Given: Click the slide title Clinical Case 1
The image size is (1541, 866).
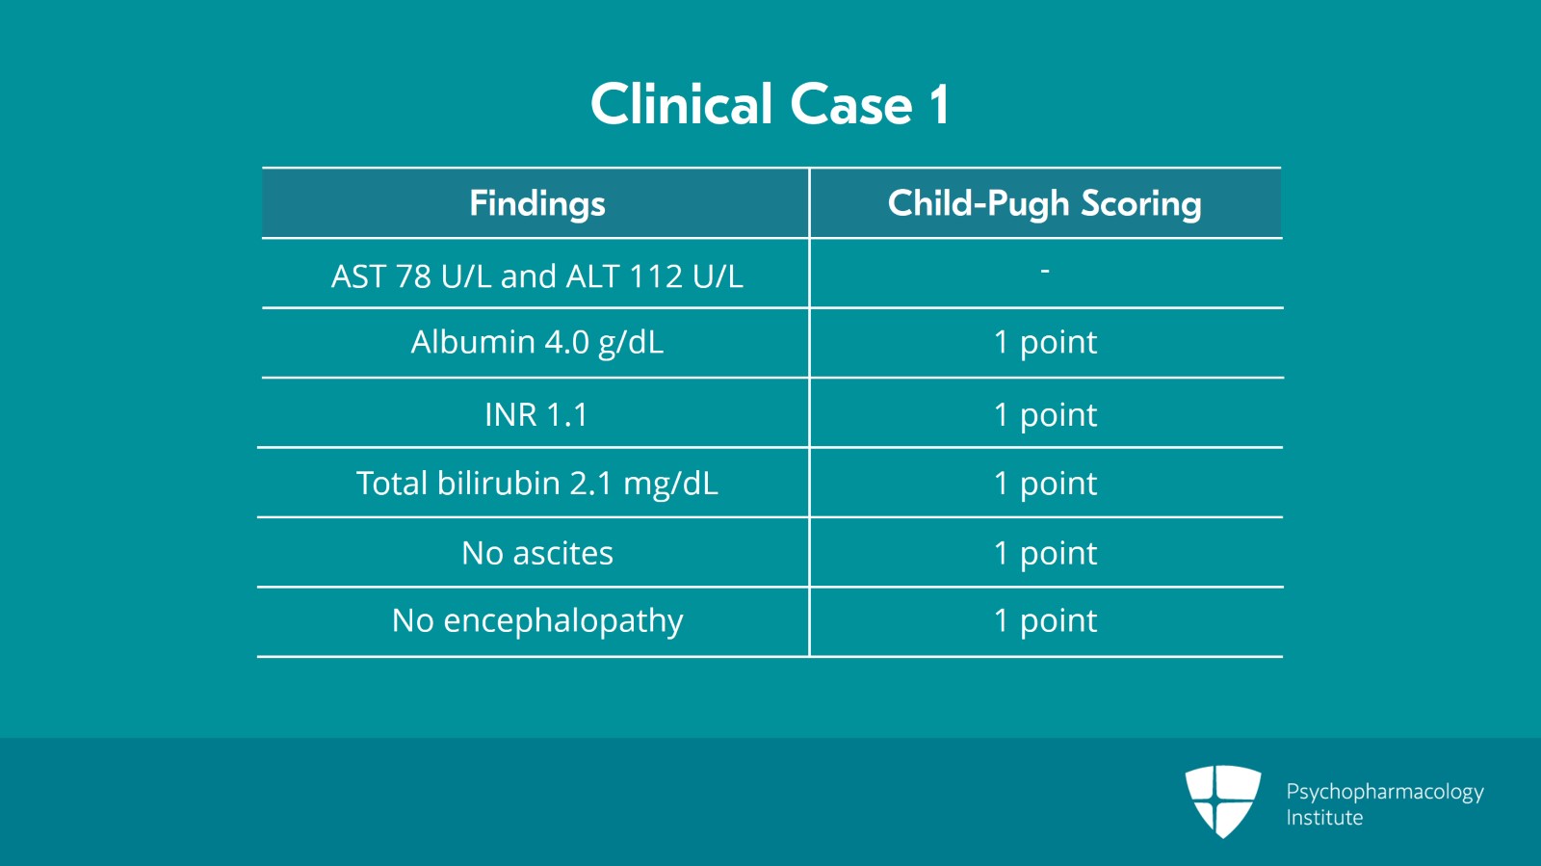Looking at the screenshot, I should click(x=770, y=104).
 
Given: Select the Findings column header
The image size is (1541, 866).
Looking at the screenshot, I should click(x=536, y=203).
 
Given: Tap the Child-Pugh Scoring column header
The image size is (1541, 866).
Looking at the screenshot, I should click(x=1044, y=203).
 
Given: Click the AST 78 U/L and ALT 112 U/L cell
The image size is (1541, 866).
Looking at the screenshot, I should click(x=536, y=276).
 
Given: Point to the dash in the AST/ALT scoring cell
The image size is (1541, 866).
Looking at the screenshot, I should click(x=1044, y=272).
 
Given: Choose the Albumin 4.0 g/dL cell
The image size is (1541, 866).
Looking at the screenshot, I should click(x=536, y=342).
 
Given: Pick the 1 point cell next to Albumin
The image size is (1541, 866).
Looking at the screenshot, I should click(x=1044, y=342).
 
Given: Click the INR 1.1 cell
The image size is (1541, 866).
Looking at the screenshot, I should click(x=536, y=414).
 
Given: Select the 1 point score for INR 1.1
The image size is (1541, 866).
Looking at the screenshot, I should click(x=1044, y=414).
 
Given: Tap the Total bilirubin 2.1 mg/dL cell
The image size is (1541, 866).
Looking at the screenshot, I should click(x=536, y=483).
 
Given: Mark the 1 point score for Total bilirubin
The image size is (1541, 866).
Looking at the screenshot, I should click(x=1044, y=483).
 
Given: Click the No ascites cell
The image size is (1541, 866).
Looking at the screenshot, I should click(x=536, y=553).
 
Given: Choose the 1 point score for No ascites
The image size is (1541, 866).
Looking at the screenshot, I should click(x=1044, y=553).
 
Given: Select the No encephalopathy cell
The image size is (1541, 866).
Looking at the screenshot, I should click(x=536, y=621).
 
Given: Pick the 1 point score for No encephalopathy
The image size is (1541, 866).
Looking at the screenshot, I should click(x=1044, y=621).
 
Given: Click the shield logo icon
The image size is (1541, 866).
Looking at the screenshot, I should click(x=1222, y=800).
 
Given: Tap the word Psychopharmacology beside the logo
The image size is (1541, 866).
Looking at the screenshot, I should click(x=1384, y=792).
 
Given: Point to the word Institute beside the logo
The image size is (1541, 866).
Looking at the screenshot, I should click(x=1324, y=818).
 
